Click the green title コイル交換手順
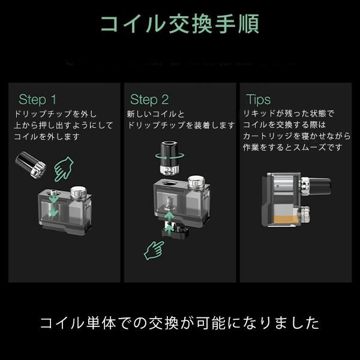[x=180, y=24]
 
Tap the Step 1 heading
[x=37, y=100]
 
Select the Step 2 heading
[x=149, y=100]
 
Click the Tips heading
[x=258, y=100]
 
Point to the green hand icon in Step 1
[x=63, y=169]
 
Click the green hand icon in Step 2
[x=154, y=250]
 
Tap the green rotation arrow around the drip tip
[x=169, y=156]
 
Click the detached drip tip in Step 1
[x=31, y=164]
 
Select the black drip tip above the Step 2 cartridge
[x=169, y=157]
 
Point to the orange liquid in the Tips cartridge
[x=285, y=219]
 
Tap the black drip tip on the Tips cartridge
[x=320, y=187]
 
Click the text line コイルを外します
[x=47, y=137]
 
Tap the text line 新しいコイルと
[x=155, y=114]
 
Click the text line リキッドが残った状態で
[x=289, y=113]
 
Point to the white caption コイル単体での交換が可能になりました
[x=180, y=323]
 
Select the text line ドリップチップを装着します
[x=181, y=125]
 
